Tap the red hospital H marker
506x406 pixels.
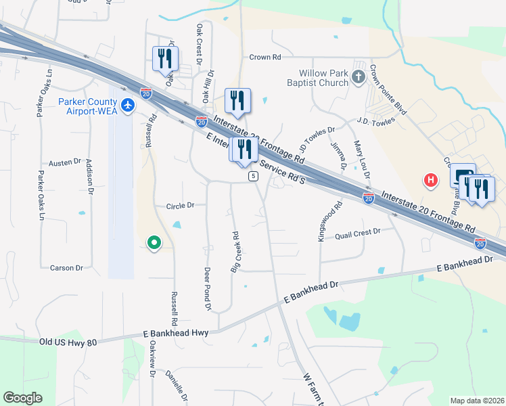[430, 180]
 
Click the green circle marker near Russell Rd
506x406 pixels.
[154, 242]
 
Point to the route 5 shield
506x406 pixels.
[252, 176]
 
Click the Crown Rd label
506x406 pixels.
[264, 58]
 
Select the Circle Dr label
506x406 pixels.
[180, 205]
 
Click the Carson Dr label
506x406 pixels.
[66, 268]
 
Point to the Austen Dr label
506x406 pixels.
[65, 162]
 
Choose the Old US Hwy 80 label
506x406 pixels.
[68, 342]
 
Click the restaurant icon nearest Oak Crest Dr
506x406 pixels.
[165, 60]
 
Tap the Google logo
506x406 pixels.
[23, 398]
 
